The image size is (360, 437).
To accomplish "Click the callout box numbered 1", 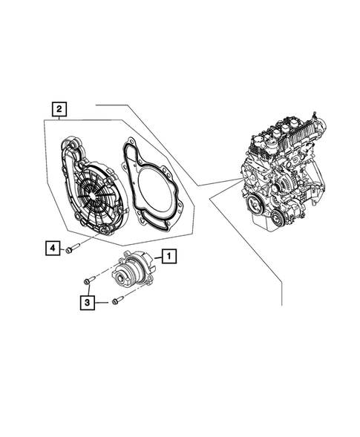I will coord(170,257).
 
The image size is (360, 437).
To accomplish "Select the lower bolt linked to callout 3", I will coord(117,301).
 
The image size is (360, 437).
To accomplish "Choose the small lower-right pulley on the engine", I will coord(276,217).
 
